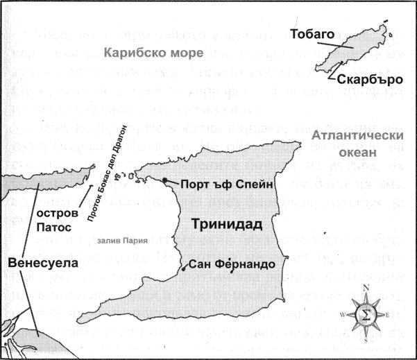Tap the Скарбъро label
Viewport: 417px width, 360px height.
pos(371,79)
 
